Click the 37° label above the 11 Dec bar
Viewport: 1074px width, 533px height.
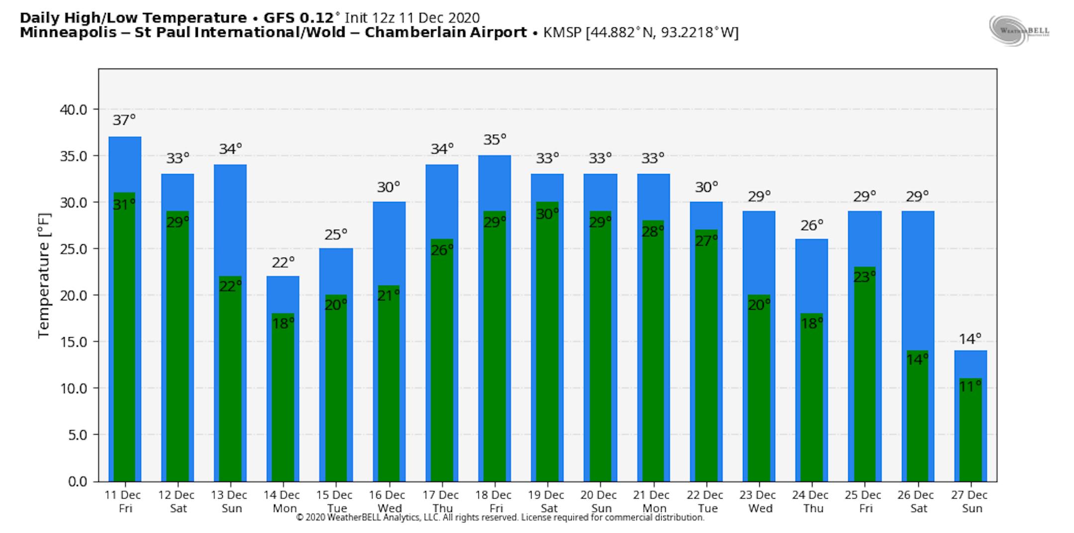[x=124, y=120]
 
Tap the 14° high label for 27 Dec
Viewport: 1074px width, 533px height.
[x=970, y=339]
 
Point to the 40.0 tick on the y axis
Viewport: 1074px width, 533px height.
[x=73, y=109]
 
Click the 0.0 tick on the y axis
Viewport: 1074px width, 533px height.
[x=77, y=481]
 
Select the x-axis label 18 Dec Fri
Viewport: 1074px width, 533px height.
[x=493, y=501]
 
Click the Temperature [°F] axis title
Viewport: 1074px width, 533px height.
[x=44, y=276]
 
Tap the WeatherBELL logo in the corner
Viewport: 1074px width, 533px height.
[x=1019, y=31]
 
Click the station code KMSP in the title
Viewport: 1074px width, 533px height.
[x=562, y=33]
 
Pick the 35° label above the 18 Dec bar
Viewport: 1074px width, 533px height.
[x=494, y=140]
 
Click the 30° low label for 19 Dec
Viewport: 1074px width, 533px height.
[x=547, y=214]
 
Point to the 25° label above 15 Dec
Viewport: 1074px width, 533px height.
[x=336, y=234]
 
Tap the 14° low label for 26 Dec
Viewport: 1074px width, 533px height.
[x=917, y=359]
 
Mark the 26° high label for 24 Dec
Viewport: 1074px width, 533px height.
[x=811, y=226]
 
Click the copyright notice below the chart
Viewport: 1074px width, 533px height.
[x=500, y=518]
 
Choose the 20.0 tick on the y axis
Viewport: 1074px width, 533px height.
[x=73, y=295]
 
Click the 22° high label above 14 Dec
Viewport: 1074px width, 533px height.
[x=283, y=262]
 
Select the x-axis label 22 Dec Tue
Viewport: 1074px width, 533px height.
[x=705, y=501]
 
